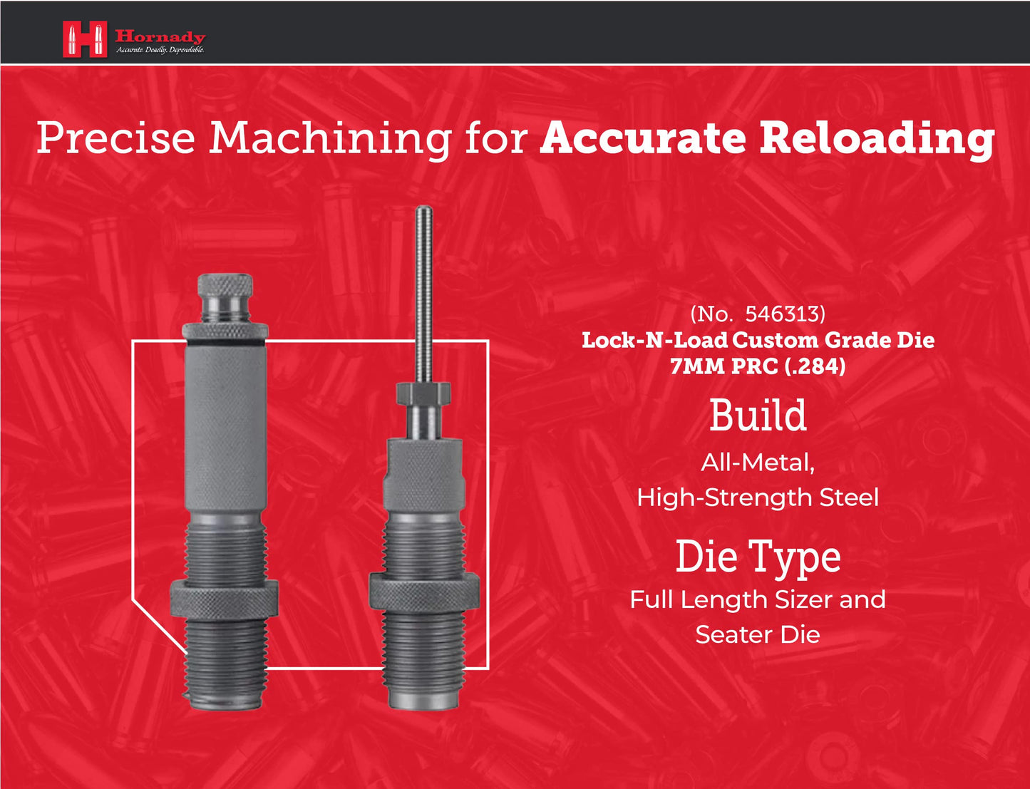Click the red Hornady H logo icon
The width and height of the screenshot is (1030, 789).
coord(84,39)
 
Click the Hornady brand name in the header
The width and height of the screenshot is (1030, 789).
coord(160,36)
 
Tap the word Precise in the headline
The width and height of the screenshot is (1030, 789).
coord(115,138)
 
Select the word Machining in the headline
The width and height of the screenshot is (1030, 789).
coord(330,138)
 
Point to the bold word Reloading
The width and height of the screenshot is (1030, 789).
coord(876,139)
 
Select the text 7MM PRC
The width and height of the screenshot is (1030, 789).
coord(723,366)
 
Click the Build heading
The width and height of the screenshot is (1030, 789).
coord(758,416)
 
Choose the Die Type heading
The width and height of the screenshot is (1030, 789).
coord(758,557)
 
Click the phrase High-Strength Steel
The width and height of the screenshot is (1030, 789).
coord(758,497)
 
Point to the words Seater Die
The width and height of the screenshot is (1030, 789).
coord(758,634)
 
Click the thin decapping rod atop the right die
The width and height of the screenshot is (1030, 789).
coord(424,285)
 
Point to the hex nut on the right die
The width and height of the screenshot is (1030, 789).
coord(423,392)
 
